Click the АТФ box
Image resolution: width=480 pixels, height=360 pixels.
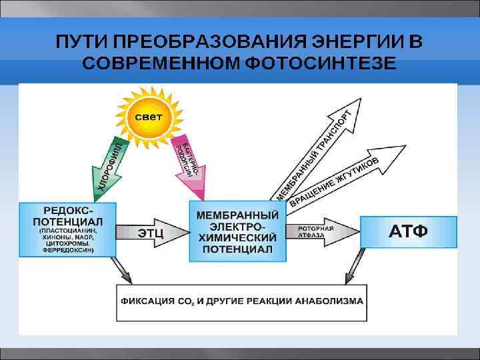pyautogui.click(x=408, y=231)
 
